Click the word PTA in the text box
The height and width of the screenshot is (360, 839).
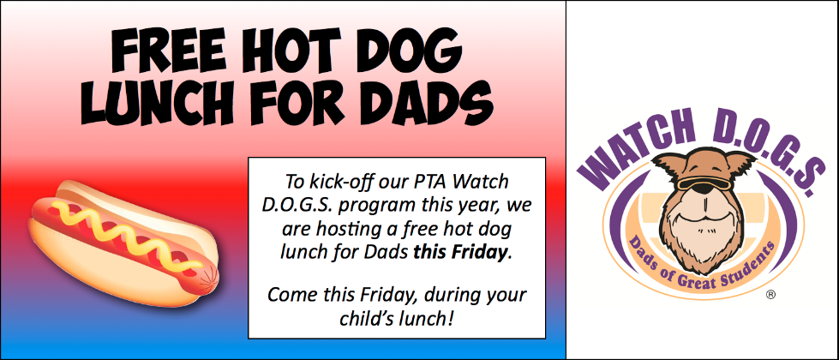(431, 182)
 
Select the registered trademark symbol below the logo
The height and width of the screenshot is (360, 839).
(770, 295)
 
